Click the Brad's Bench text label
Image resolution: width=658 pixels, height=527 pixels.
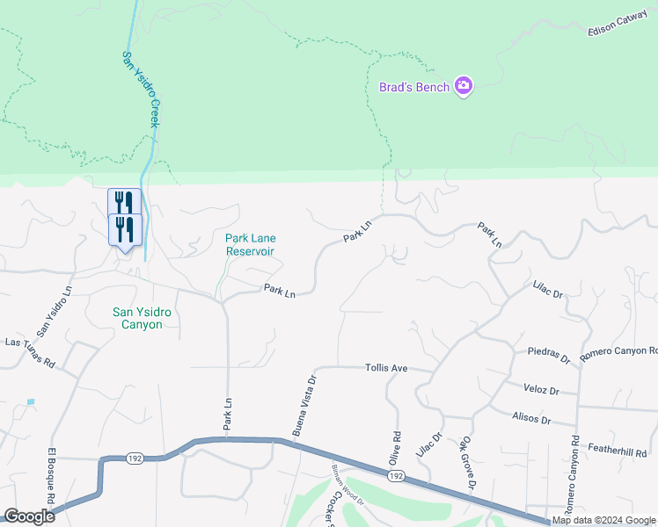pos(414,87)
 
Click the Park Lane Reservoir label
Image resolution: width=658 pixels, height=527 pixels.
pos(250,244)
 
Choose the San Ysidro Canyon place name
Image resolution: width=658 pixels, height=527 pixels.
pos(137,318)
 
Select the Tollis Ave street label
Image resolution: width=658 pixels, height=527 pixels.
pos(386,368)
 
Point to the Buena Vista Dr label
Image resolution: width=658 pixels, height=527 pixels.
pos(304,405)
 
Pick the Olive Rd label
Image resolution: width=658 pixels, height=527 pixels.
pos(395,448)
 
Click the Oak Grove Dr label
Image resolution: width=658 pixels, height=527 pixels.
pos(466,466)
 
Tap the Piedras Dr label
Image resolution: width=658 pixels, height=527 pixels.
pos(549,356)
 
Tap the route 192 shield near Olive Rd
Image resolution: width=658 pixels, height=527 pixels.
pos(395,475)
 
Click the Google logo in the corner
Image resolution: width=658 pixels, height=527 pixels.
pos(29,516)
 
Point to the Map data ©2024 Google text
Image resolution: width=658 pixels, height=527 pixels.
pos(603,520)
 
